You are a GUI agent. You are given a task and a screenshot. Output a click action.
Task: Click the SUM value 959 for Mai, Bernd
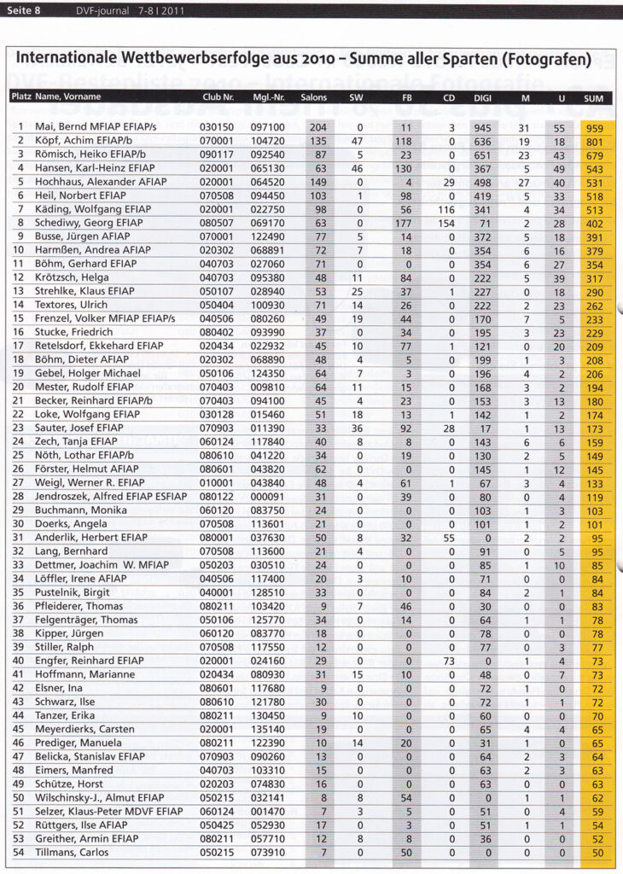[594, 127]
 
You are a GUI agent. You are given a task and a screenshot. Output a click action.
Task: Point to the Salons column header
[313, 98]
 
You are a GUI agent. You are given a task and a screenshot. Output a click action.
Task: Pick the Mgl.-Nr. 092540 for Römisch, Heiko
[268, 154]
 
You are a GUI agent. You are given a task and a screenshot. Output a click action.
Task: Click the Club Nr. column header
[218, 98]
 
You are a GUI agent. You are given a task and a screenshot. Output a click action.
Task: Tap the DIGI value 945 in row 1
[482, 127]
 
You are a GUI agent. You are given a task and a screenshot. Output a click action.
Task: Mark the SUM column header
[593, 98]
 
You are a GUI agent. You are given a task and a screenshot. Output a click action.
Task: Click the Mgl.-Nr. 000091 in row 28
[268, 498]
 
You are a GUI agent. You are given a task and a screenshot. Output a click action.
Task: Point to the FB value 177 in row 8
[405, 224]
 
